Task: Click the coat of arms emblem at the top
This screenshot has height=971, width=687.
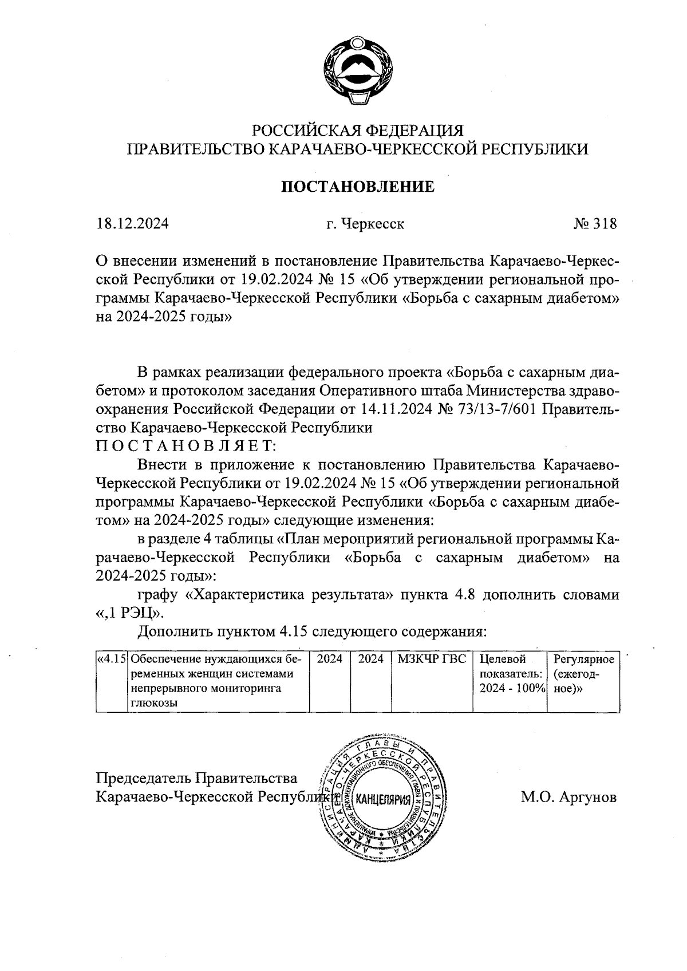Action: coord(357,72)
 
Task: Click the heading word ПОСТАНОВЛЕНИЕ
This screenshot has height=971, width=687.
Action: coord(357,187)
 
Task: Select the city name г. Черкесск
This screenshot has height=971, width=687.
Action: coord(365,224)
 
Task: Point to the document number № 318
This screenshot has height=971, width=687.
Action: coord(595,224)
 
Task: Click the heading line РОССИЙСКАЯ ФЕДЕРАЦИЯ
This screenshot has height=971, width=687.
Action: coord(358,130)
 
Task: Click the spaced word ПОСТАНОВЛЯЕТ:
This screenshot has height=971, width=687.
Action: coord(187,445)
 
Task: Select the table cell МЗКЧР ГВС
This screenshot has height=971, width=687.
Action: coord(432,660)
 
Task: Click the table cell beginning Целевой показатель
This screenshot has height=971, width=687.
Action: coord(509,674)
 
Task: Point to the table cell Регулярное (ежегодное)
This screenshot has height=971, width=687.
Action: coord(583,674)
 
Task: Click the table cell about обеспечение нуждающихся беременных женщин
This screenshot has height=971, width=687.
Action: coord(218,681)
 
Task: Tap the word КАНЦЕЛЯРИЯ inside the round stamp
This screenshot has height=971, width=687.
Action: coord(383,799)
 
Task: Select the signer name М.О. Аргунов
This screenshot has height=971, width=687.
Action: coord(568,796)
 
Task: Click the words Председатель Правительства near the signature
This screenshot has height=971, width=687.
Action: coord(196,778)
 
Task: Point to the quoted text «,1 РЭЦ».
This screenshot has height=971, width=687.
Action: coord(130,613)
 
